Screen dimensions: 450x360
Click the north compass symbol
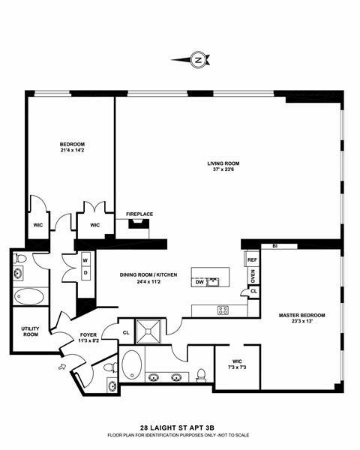[x=198, y=59]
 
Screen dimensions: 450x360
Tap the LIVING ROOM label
[x=223, y=163]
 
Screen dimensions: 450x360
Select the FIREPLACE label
[x=139, y=214]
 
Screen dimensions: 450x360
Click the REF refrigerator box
[x=252, y=259]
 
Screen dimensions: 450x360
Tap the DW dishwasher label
[x=199, y=282]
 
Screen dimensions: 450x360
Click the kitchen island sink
[x=214, y=282]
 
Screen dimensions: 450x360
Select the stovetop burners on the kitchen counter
[x=223, y=309]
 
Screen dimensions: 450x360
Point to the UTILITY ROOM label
[x=30, y=331]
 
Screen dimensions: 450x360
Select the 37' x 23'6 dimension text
[x=223, y=169]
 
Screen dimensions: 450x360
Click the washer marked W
[x=85, y=261]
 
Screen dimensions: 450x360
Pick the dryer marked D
[x=85, y=272]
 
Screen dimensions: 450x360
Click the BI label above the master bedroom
[x=275, y=245]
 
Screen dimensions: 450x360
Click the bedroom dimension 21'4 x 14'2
[x=73, y=151]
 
